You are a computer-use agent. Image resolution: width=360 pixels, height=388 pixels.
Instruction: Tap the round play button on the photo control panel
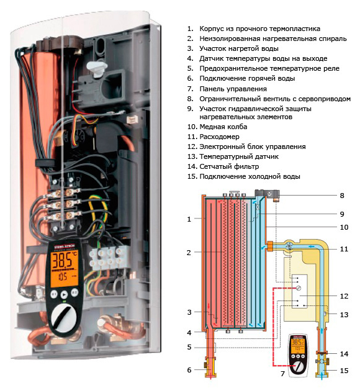(x=64, y=294)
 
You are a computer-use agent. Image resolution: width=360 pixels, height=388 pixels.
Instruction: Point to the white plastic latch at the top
(x=96, y=68)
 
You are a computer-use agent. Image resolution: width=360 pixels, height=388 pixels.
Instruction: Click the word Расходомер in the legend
(x=220, y=137)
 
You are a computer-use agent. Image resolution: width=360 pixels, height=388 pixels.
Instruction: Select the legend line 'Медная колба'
(x=217, y=127)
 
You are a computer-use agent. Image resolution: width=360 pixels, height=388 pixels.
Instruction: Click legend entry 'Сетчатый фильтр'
(x=223, y=166)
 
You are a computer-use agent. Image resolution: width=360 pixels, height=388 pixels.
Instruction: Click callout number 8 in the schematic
(x=342, y=196)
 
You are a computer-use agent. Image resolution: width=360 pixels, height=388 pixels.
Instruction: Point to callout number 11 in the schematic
(x=344, y=249)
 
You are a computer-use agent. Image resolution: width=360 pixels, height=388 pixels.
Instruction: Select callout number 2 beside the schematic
(x=189, y=253)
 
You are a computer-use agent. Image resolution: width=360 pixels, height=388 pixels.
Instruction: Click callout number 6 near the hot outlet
(x=189, y=370)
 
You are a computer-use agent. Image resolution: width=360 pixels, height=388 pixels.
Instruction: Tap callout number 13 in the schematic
(x=344, y=315)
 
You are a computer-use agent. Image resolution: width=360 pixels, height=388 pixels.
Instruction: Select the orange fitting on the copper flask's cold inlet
(x=270, y=246)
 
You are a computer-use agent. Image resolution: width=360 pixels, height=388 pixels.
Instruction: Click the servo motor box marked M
(x=271, y=193)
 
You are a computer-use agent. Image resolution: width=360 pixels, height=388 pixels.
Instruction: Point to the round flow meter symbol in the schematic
(x=289, y=246)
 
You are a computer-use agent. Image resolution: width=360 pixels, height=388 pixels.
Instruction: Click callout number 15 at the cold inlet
(x=344, y=371)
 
